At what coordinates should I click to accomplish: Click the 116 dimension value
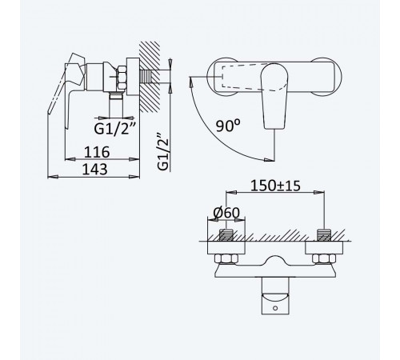pyautogui.click(x=97, y=152)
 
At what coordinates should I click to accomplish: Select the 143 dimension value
pyautogui.click(x=94, y=169)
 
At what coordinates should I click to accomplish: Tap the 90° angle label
pyautogui.click(x=228, y=126)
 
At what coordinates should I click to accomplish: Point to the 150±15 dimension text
pyautogui.click(x=275, y=186)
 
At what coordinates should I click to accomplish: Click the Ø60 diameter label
pyautogui.click(x=226, y=213)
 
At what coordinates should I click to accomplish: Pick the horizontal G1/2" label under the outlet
pyautogui.click(x=115, y=129)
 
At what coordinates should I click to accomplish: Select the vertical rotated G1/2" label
pyautogui.click(x=163, y=151)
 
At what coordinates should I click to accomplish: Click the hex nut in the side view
pyautogui.click(x=121, y=78)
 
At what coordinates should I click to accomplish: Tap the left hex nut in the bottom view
pyautogui.click(x=226, y=259)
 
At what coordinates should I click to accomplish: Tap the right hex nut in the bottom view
pyautogui.click(x=324, y=259)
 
